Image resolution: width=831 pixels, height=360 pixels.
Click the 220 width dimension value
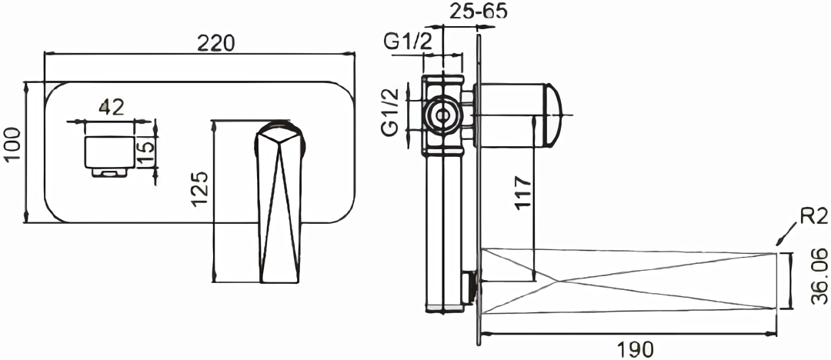215,43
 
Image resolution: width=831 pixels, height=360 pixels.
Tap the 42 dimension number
112,108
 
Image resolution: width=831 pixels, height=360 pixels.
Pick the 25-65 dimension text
479,12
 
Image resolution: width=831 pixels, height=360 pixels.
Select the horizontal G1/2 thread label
409,43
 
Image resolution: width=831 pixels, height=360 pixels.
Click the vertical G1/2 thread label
391,112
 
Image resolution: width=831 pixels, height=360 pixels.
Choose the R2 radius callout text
813,217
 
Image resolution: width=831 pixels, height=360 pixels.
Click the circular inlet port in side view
442,115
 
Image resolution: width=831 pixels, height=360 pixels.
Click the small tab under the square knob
111,173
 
